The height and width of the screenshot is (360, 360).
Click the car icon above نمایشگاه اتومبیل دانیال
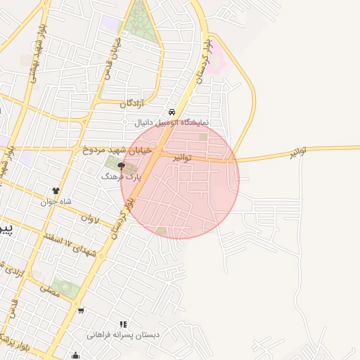172,113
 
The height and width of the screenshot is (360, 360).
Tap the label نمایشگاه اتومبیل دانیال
166,123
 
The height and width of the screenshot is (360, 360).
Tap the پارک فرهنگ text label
121,178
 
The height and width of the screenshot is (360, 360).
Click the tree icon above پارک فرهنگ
121,167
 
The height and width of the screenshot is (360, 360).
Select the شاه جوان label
56,201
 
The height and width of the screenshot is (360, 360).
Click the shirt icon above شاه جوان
56,191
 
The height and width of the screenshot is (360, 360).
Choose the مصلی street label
49,287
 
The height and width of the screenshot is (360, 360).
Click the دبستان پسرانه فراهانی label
123,335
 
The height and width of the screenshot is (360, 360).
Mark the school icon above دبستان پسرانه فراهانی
124,324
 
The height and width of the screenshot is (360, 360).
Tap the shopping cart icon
82,310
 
